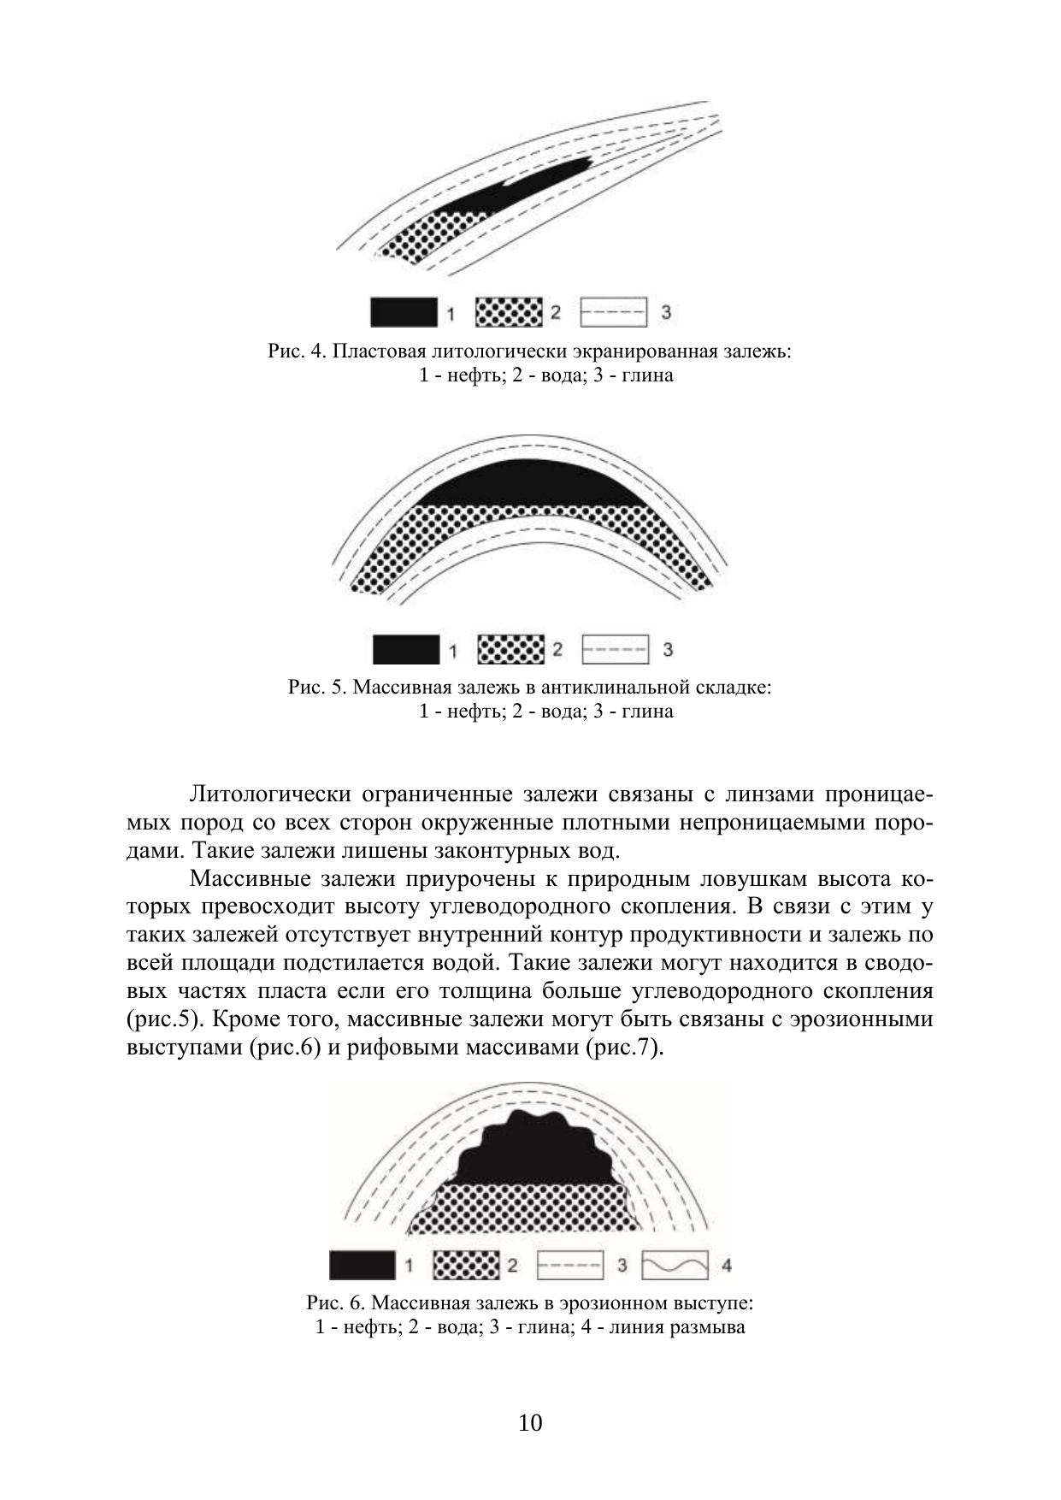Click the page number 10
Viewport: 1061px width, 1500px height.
tap(530, 1423)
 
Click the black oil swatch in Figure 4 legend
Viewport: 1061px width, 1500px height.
tap(403, 312)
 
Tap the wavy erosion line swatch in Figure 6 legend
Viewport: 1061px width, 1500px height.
tap(675, 1265)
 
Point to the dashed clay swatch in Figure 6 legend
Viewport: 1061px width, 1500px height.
tap(570, 1265)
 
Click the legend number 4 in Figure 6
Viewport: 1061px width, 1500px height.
tap(727, 1265)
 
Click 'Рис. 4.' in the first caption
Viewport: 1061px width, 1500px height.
tap(296, 351)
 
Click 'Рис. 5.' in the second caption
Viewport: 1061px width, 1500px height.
tap(316, 688)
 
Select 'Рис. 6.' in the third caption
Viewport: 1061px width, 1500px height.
tap(336, 1304)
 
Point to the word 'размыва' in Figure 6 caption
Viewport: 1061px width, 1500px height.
tap(710, 1327)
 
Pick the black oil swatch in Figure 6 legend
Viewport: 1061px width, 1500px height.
tap(363, 1265)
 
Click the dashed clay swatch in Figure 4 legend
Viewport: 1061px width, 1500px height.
tap(613, 312)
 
